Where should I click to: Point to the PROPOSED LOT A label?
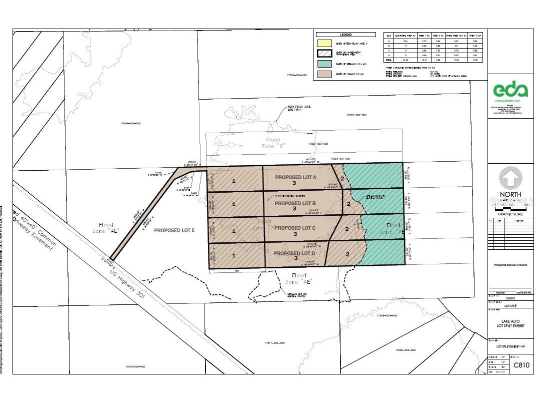pos(295,177)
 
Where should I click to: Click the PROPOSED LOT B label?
pos(295,203)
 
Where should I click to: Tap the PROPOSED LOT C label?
pos(295,228)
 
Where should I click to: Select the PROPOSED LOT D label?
pos(295,253)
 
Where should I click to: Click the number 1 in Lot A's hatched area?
pos(234,181)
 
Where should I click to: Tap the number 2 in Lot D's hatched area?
pos(346,254)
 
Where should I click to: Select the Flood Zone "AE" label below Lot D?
pos(299,278)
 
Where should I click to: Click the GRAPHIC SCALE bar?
pos(510,206)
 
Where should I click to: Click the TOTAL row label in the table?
pos(388,60)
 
